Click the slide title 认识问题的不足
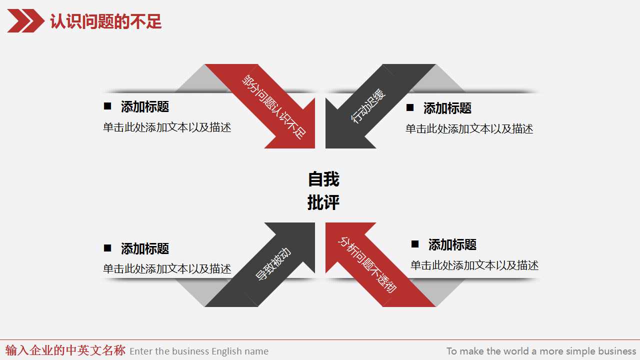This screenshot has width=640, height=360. click(105, 22)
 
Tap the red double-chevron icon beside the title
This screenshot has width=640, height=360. click(25, 21)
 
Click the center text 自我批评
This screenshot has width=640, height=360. click(323, 190)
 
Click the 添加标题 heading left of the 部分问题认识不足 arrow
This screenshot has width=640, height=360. click(145, 106)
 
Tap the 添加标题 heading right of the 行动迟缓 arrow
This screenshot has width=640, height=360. click(447, 108)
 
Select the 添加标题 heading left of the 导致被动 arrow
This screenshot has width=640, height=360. click(145, 248)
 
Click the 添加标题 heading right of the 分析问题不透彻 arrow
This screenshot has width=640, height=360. click(452, 244)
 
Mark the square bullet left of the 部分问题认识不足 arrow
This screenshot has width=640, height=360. click(107, 106)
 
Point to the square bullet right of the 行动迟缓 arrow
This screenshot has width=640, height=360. click(410, 107)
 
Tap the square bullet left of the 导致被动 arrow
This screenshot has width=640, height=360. click(107, 248)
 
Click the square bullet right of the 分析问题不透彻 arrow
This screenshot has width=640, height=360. click(415, 244)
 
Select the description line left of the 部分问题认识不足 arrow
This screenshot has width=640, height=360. click(167, 127)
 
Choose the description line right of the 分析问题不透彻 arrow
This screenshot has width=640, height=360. click(474, 265)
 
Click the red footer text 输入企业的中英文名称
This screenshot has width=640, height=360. click(65, 350)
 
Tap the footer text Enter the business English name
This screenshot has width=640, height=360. click(199, 351)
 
